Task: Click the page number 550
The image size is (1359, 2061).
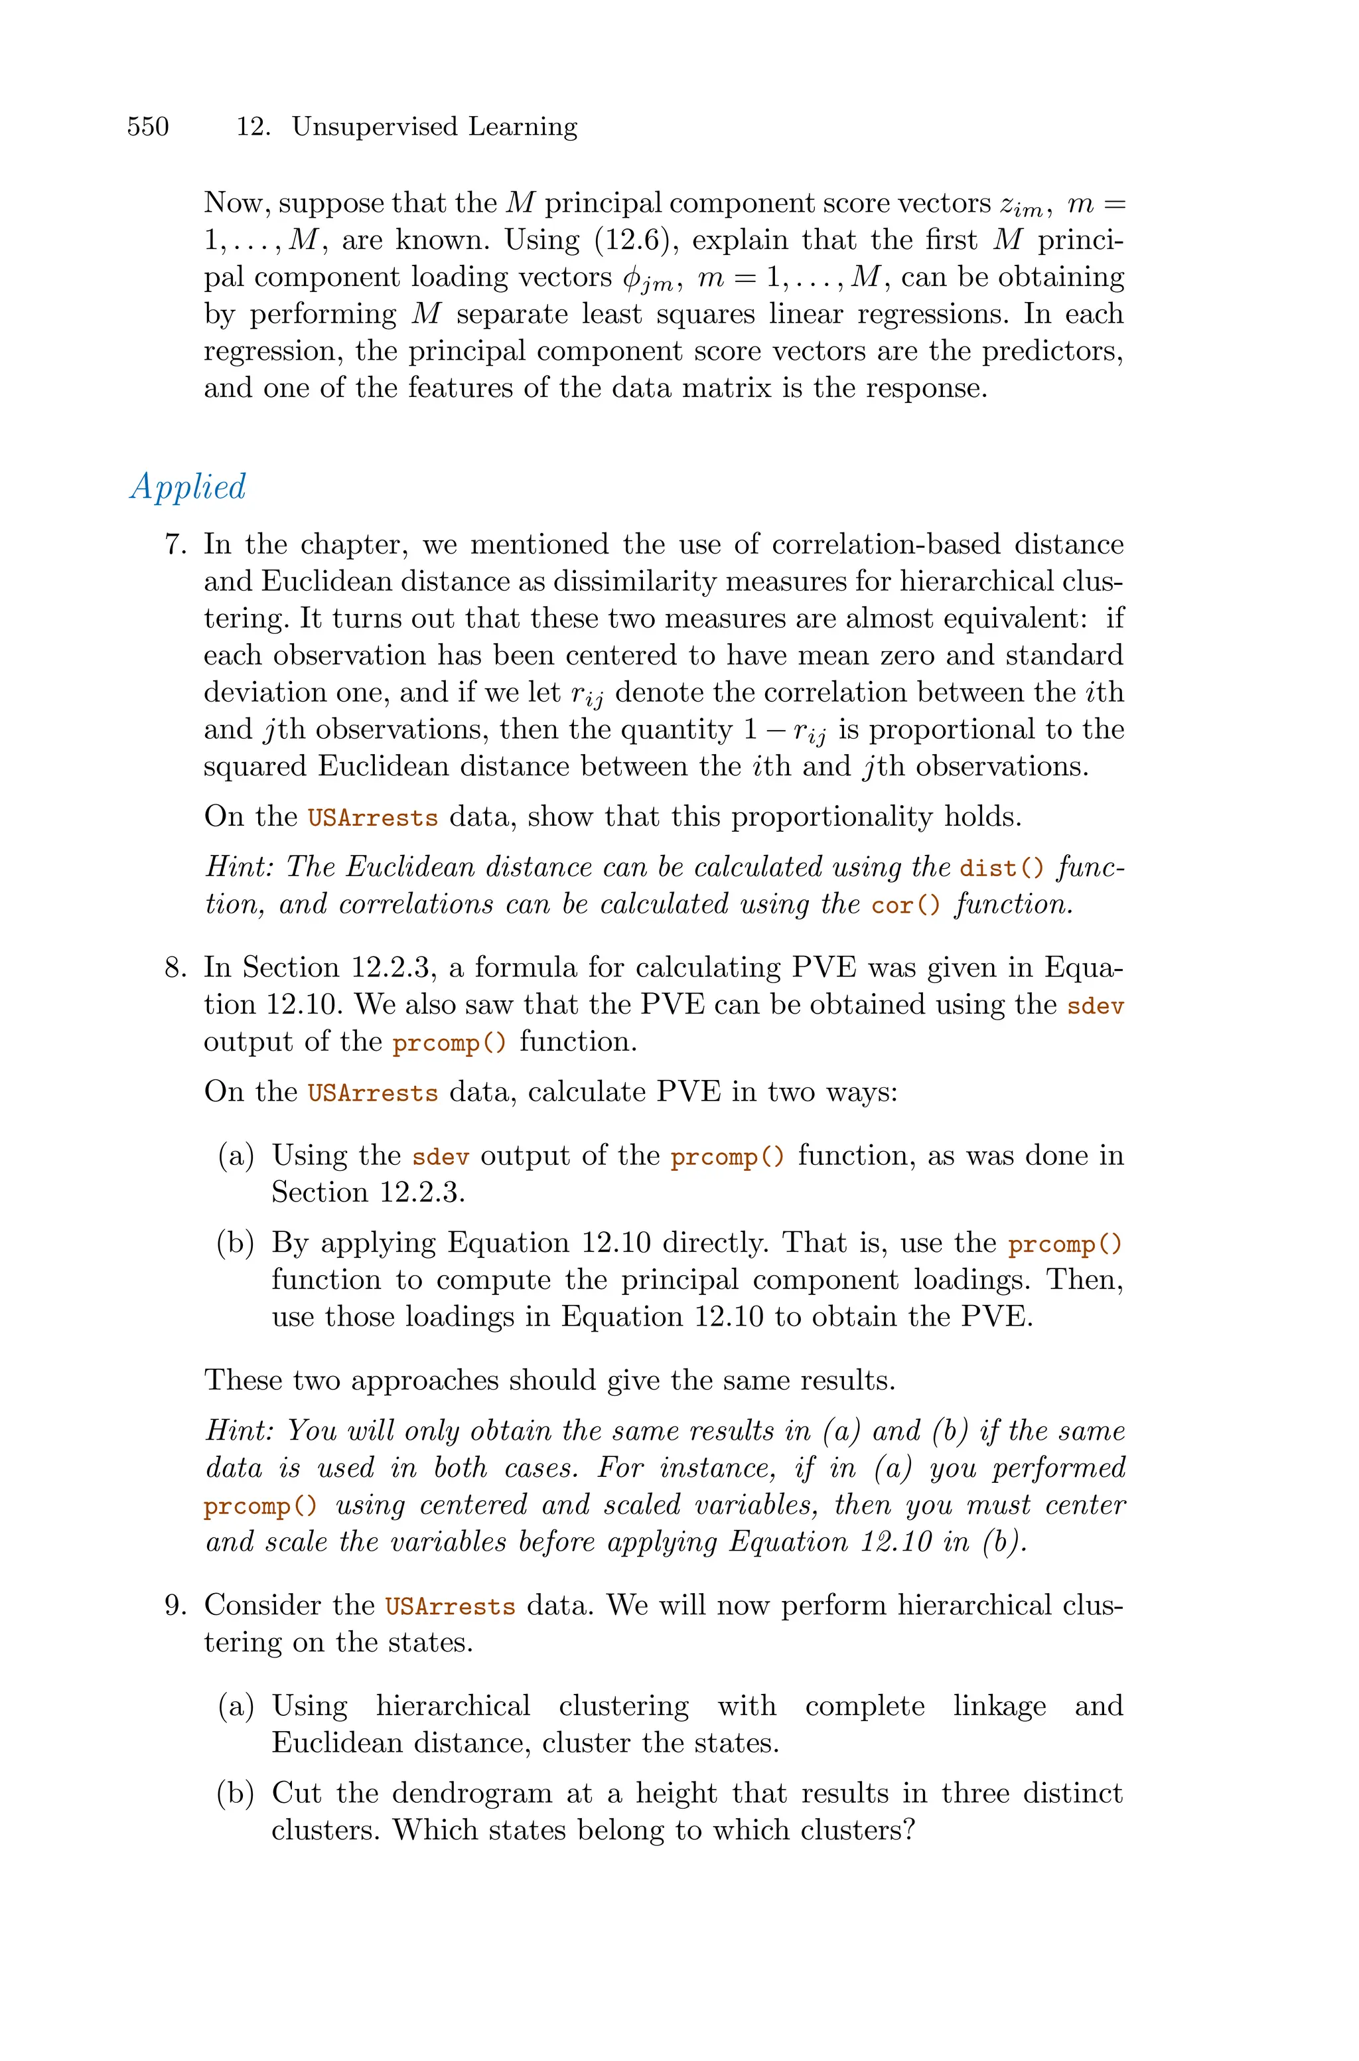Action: (x=148, y=127)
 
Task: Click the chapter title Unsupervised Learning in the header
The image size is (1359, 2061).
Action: (x=434, y=127)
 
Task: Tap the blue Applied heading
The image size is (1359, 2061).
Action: (x=188, y=487)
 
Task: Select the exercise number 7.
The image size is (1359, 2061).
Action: (x=176, y=545)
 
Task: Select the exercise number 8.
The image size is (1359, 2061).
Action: (x=176, y=968)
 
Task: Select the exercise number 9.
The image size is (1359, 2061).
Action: (x=176, y=1606)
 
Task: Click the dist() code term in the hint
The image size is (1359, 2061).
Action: (x=1002, y=868)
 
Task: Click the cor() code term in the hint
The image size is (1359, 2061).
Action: (x=906, y=905)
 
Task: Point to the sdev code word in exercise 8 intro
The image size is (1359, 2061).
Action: (x=1096, y=1006)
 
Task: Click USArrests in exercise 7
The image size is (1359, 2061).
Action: (x=373, y=818)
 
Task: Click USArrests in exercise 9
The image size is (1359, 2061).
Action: (x=450, y=1607)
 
